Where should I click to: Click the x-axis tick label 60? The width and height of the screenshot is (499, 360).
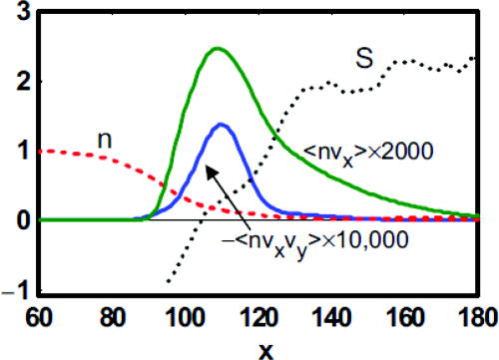pyautogui.click(x=39, y=317)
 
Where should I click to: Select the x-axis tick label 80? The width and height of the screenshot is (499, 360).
pyautogui.click(x=113, y=317)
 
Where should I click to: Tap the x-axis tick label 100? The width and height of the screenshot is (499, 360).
pyautogui.click(x=186, y=317)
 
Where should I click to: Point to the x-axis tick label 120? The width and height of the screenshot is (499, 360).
pyautogui.click(x=258, y=317)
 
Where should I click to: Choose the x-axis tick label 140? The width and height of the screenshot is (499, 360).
pyautogui.click(x=332, y=317)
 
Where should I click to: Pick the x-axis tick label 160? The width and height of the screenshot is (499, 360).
pyautogui.click(x=405, y=317)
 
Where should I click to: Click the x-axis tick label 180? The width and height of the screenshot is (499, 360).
pyautogui.click(x=479, y=317)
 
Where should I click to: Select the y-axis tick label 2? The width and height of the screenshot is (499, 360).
pyautogui.click(x=23, y=82)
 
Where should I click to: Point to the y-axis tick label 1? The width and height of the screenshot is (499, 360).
pyautogui.click(x=24, y=151)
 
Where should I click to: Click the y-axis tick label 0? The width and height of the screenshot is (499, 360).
pyautogui.click(x=23, y=220)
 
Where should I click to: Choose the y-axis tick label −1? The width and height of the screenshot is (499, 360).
pyautogui.click(x=17, y=292)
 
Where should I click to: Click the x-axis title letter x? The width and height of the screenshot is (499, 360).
pyautogui.click(x=265, y=352)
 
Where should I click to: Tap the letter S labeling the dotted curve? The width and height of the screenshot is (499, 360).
pyautogui.click(x=364, y=58)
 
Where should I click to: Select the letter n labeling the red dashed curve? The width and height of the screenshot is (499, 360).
pyautogui.click(x=105, y=141)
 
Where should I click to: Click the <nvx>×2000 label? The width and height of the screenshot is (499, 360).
pyautogui.click(x=368, y=154)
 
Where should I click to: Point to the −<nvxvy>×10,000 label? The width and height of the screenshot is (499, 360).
pyautogui.click(x=314, y=242)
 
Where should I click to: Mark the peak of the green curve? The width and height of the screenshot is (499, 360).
pyautogui.click(x=218, y=49)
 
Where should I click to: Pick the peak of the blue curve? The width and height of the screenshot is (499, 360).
pyautogui.click(x=221, y=125)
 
